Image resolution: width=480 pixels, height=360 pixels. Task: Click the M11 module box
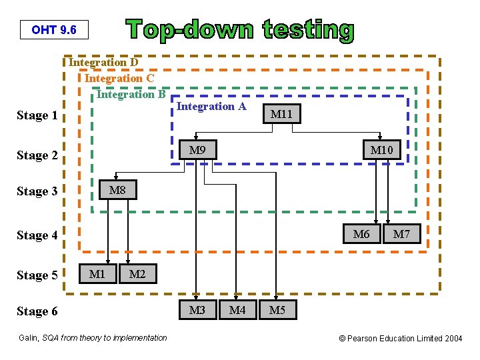[x=281, y=115]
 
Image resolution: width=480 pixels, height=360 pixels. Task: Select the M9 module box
[x=198, y=150]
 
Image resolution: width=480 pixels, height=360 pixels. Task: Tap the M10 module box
[x=381, y=150]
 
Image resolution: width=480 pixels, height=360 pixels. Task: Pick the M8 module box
[x=117, y=190]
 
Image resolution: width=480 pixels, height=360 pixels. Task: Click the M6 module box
[x=361, y=234]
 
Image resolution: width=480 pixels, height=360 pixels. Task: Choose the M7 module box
[x=401, y=234]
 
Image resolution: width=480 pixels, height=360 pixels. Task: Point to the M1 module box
[x=98, y=273]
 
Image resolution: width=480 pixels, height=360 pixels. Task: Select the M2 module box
[x=137, y=273]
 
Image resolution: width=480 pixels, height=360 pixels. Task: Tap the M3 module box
[x=198, y=310]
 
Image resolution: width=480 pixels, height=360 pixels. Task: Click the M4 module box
[x=237, y=310]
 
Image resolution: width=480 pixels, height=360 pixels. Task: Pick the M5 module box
[x=277, y=310]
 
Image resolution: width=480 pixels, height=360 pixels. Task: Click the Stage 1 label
[x=37, y=116]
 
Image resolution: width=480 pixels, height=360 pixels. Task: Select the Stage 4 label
[x=37, y=235]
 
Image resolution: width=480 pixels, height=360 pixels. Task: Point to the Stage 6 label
[x=37, y=311]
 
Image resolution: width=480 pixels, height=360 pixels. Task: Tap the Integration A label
[x=211, y=106]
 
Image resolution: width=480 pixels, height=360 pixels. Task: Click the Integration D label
[x=104, y=63]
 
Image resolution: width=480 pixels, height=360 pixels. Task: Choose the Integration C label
[x=119, y=79]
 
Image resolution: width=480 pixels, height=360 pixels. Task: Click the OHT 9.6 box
[x=54, y=30]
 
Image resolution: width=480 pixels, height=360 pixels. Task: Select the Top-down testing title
[x=241, y=30]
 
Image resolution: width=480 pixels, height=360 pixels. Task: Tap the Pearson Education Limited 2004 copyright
[x=401, y=339]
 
